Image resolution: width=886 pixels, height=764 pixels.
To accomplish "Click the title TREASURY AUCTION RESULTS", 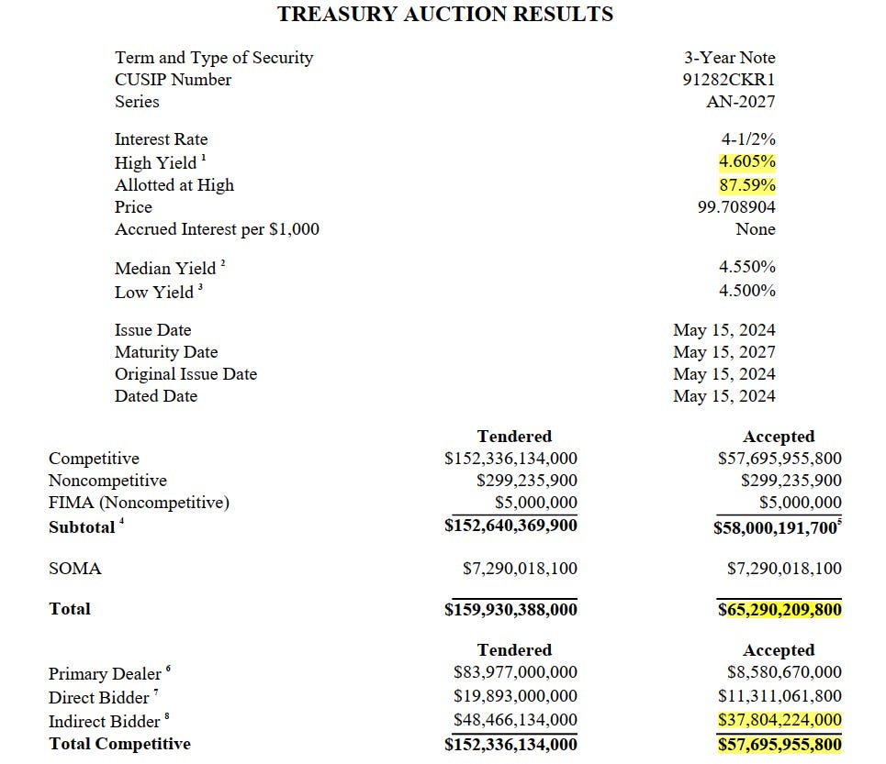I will pyautogui.click(x=445, y=14).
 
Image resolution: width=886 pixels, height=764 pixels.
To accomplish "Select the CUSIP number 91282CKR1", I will pyautogui.click(x=729, y=80).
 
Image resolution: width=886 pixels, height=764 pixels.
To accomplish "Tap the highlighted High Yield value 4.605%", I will pyautogui.click(x=746, y=162).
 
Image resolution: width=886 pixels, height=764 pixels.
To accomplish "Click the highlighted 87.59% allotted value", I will pyautogui.click(x=746, y=185).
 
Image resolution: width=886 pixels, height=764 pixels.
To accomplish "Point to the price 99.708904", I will pyautogui.click(x=736, y=207).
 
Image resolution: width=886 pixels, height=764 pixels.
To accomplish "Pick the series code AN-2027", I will pyautogui.click(x=740, y=102).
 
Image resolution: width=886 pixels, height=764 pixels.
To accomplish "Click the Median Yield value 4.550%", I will pyautogui.click(x=747, y=268).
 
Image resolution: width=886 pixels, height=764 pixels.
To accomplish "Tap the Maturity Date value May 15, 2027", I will pyautogui.click(x=723, y=352).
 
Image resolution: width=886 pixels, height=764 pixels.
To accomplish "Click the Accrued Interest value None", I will pyautogui.click(x=755, y=229).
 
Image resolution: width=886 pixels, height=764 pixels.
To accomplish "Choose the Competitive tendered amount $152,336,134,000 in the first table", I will pyautogui.click(x=510, y=459).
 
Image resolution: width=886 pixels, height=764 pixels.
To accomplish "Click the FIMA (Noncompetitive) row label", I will pyautogui.click(x=139, y=503).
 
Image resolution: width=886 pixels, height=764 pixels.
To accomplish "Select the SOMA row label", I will pyautogui.click(x=74, y=569).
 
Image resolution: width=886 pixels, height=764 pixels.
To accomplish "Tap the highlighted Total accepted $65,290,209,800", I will pyautogui.click(x=779, y=610).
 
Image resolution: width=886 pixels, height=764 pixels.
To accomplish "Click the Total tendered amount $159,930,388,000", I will pyautogui.click(x=510, y=610).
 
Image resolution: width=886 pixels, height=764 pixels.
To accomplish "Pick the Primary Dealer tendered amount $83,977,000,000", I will pyautogui.click(x=515, y=673).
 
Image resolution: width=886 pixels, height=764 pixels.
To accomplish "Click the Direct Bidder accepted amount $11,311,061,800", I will pyautogui.click(x=779, y=696).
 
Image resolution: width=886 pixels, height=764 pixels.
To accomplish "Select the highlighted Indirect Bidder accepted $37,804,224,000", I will pyautogui.click(x=779, y=721).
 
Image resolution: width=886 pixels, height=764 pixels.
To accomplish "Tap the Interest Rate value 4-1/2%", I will pyautogui.click(x=748, y=139).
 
